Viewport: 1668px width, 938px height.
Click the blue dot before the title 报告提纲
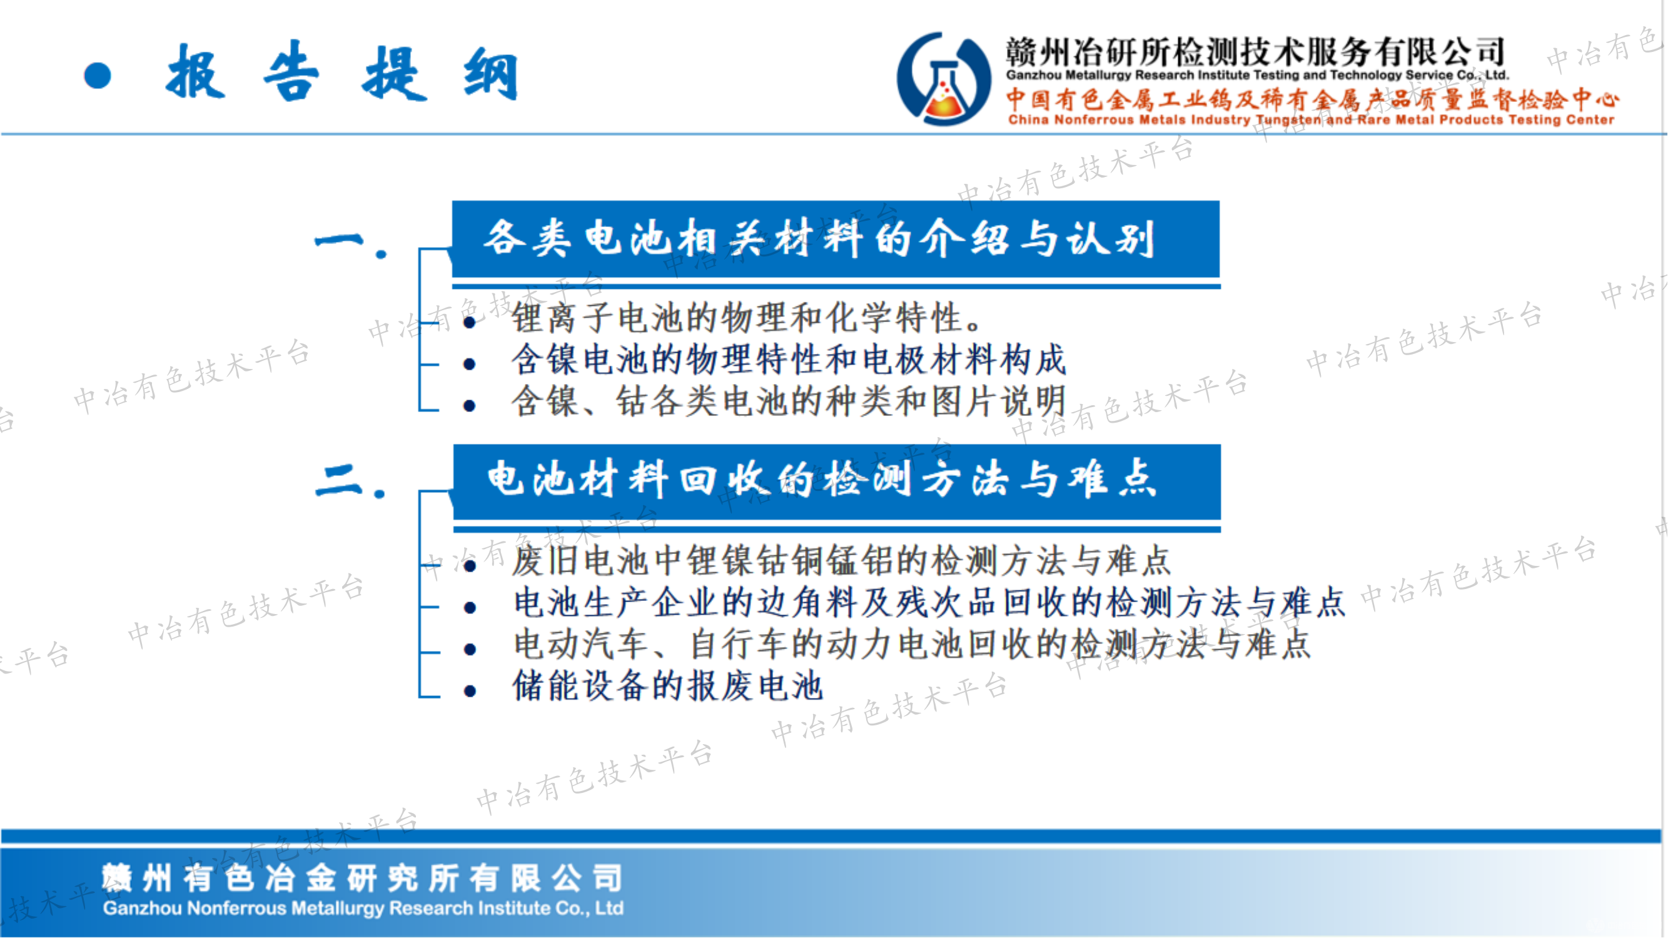tap(98, 76)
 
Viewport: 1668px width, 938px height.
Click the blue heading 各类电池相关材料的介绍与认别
tap(819, 238)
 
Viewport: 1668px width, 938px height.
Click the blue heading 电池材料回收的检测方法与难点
tap(822, 478)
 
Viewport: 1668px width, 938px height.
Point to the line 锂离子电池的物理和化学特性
tap(747, 317)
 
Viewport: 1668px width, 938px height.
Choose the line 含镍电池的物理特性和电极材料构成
tap(789, 360)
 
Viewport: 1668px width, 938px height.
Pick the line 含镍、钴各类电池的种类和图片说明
tap(789, 401)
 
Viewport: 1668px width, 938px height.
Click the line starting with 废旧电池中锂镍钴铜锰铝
tap(841, 560)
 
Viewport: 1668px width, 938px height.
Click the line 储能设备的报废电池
tap(667, 686)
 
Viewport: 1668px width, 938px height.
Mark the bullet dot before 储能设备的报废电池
tap(471, 692)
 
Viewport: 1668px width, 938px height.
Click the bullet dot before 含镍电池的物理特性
tap(470, 365)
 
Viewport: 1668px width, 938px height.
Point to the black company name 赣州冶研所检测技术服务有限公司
tap(1255, 52)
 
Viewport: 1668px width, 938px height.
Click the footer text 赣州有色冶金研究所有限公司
tap(363, 879)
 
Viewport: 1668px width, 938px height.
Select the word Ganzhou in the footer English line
tap(143, 909)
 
